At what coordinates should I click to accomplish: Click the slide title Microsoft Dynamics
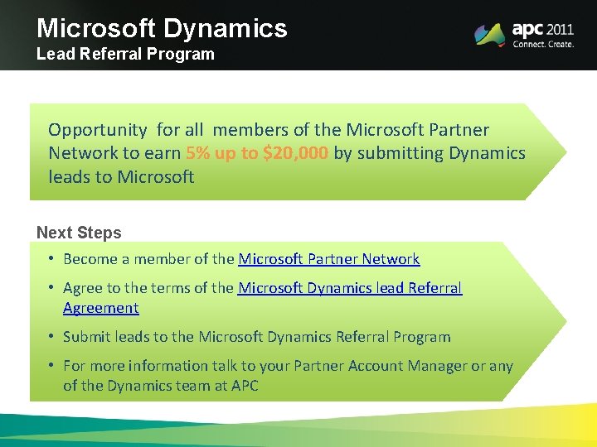click(x=162, y=28)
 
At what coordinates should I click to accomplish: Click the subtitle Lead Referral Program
click(x=125, y=55)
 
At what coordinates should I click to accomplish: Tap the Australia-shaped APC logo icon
click(x=489, y=34)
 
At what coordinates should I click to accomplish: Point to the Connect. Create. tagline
click(x=543, y=45)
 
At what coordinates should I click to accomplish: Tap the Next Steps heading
click(x=79, y=233)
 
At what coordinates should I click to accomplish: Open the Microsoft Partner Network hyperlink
click(x=328, y=259)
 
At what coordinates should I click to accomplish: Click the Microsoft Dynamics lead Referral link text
click(x=349, y=288)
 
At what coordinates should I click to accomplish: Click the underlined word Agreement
click(x=100, y=308)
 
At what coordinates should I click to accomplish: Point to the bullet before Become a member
click(x=51, y=259)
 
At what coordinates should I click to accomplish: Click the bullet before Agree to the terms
click(x=51, y=288)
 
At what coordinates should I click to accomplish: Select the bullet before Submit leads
click(x=51, y=337)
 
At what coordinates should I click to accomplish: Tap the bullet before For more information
click(x=51, y=366)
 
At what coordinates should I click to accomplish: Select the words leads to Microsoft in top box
click(x=121, y=177)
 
